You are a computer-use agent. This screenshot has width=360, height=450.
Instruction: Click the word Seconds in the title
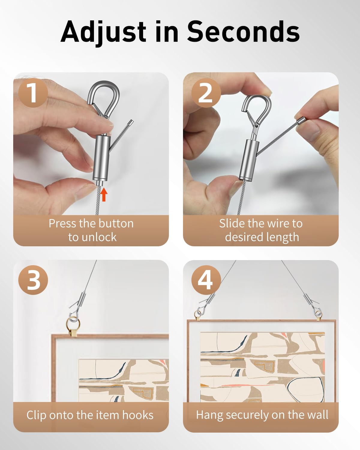tap(243, 32)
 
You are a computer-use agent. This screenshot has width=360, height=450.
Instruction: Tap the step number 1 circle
tap(33, 93)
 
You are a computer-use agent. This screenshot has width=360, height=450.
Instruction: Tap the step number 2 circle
tap(206, 93)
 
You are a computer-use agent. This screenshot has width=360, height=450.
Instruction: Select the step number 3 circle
tap(33, 280)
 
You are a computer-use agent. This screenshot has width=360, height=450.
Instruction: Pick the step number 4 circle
tap(206, 280)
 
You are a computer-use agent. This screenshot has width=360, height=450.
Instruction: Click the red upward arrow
tap(103, 194)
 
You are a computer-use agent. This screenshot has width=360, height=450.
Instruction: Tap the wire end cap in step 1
tap(130, 122)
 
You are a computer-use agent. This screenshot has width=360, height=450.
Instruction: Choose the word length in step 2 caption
tap(283, 237)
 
